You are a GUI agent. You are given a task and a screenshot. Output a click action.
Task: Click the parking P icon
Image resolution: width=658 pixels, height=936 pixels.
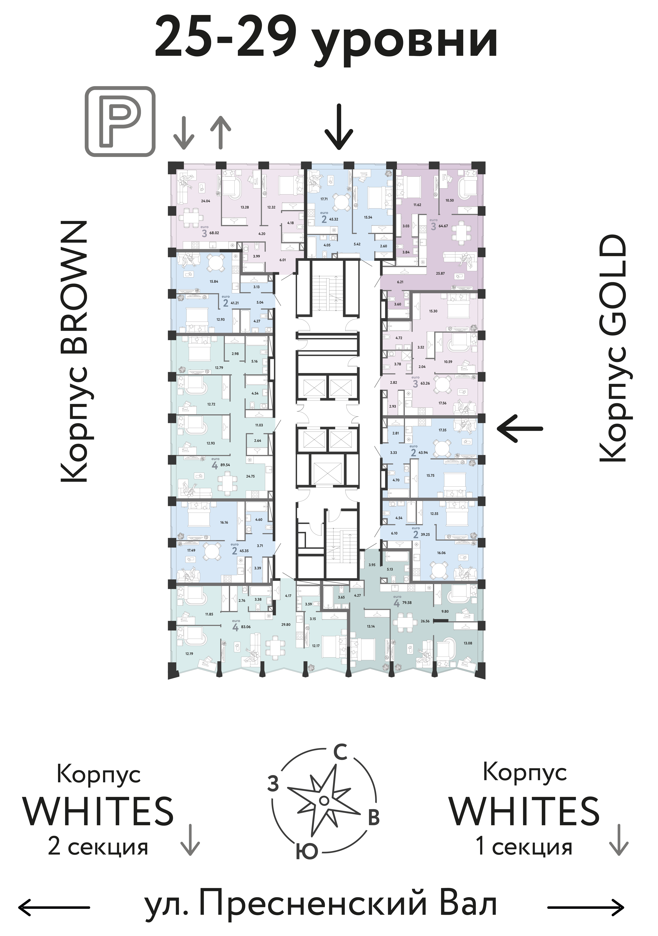click(120, 121)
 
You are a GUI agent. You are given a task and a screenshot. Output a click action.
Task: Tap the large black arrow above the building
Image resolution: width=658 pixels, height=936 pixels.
click(339, 127)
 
